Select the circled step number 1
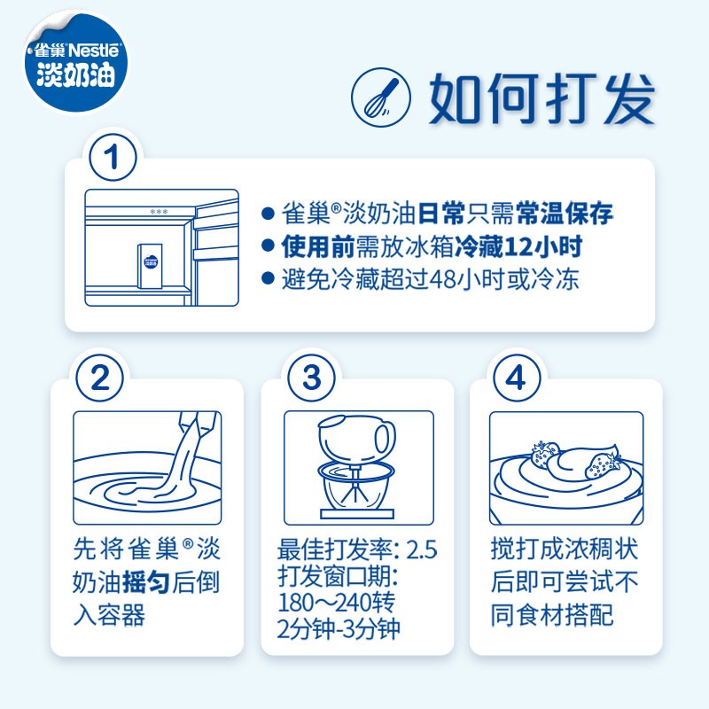point(113,160)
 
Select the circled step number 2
point(99,378)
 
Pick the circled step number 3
point(311,378)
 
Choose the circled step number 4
point(516,378)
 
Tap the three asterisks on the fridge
point(159,212)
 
